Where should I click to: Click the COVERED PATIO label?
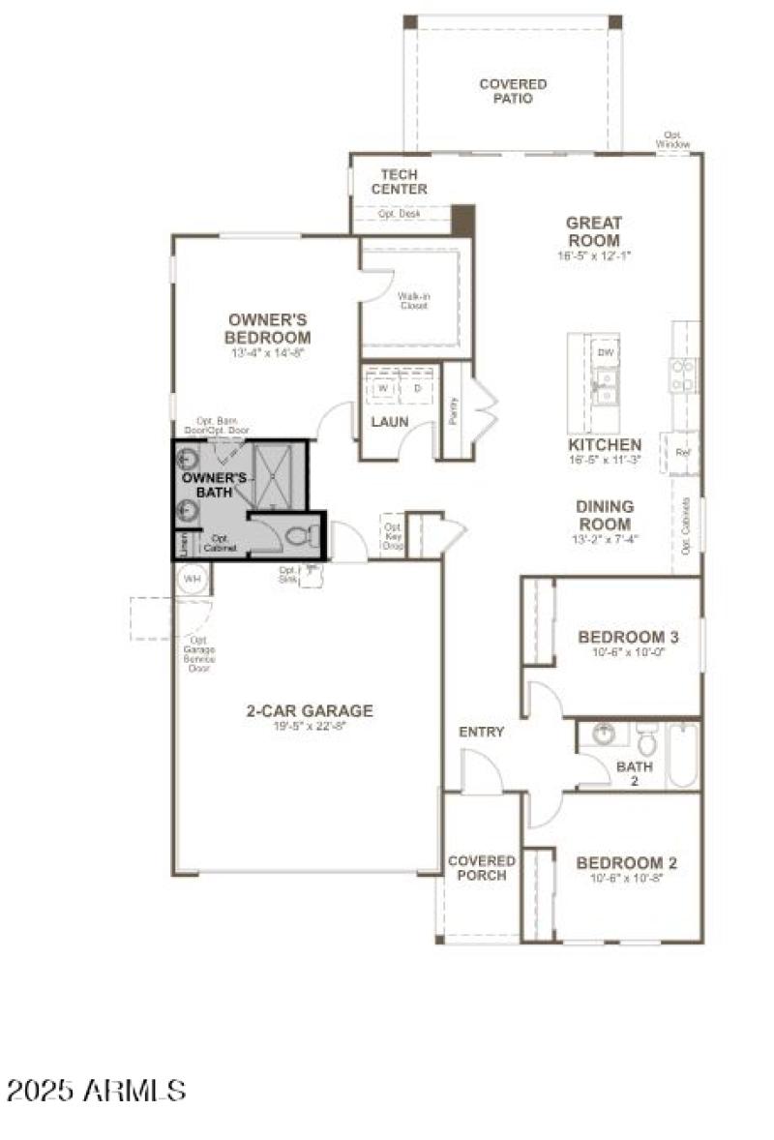(513, 91)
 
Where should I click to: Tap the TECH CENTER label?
(398, 182)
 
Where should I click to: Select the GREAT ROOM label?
(594, 231)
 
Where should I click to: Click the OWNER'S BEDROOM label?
(268, 328)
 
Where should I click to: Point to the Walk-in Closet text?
(413, 301)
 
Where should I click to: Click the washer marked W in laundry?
(383, 388)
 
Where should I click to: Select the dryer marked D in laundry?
(418, 388)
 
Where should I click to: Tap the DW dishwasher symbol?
(606, 353)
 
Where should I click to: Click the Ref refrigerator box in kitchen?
(682, 452)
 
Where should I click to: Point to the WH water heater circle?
(193, 579)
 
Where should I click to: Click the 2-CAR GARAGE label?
(309, 710)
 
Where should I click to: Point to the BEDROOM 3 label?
(628, 637)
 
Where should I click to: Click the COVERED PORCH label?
(482, 868)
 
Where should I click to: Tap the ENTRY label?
(481, 732)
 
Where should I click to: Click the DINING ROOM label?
(605, 515)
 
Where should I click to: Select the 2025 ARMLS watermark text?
(96, 1092)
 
